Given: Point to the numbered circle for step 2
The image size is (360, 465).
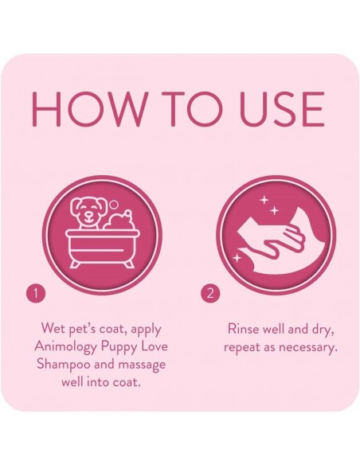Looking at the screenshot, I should [210, 293].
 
